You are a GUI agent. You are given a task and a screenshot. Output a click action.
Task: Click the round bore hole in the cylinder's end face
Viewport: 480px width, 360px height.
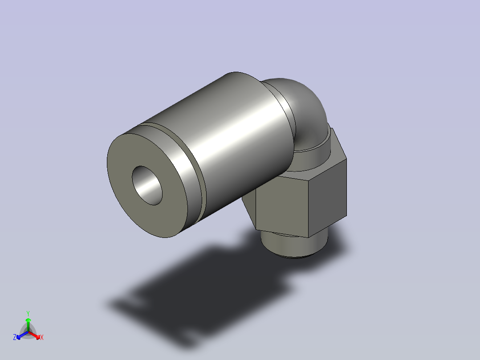pos(147,186)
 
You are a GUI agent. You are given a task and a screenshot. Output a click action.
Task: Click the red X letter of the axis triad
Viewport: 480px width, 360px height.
pos(42,338)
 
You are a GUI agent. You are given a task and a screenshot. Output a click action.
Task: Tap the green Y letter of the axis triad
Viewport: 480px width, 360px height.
pos(28,313)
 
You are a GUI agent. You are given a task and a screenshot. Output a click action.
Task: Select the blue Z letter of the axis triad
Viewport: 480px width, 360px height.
pos(15,338)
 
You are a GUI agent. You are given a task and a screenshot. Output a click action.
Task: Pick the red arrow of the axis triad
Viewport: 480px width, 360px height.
pos(36,335)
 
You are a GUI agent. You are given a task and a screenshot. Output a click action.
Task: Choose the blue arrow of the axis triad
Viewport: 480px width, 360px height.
pos(21,335)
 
